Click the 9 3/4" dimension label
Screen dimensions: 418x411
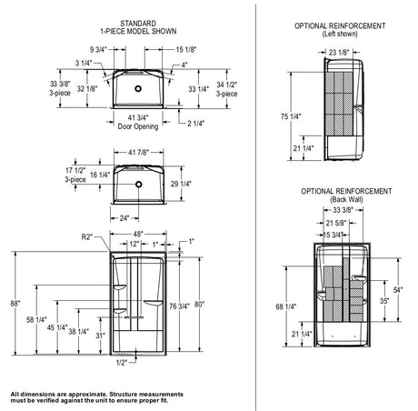click(x=98, y=49)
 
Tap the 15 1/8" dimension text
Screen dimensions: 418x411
click(x=186, y=49)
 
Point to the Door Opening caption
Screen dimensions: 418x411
click(x=138, y=126)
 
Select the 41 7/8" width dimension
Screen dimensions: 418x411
click(x=139, y=153)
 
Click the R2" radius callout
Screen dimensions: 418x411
click(x=87, y=236)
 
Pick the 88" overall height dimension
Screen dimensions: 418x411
click(x=15, y=304)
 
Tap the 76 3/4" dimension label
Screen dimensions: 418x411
click(x=179, y=306)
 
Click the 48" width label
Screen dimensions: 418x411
click(x=138, y=234)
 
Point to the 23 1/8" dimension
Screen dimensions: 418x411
click(x=339, y=53)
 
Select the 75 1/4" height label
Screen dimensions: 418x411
click(x=291, y=116)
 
